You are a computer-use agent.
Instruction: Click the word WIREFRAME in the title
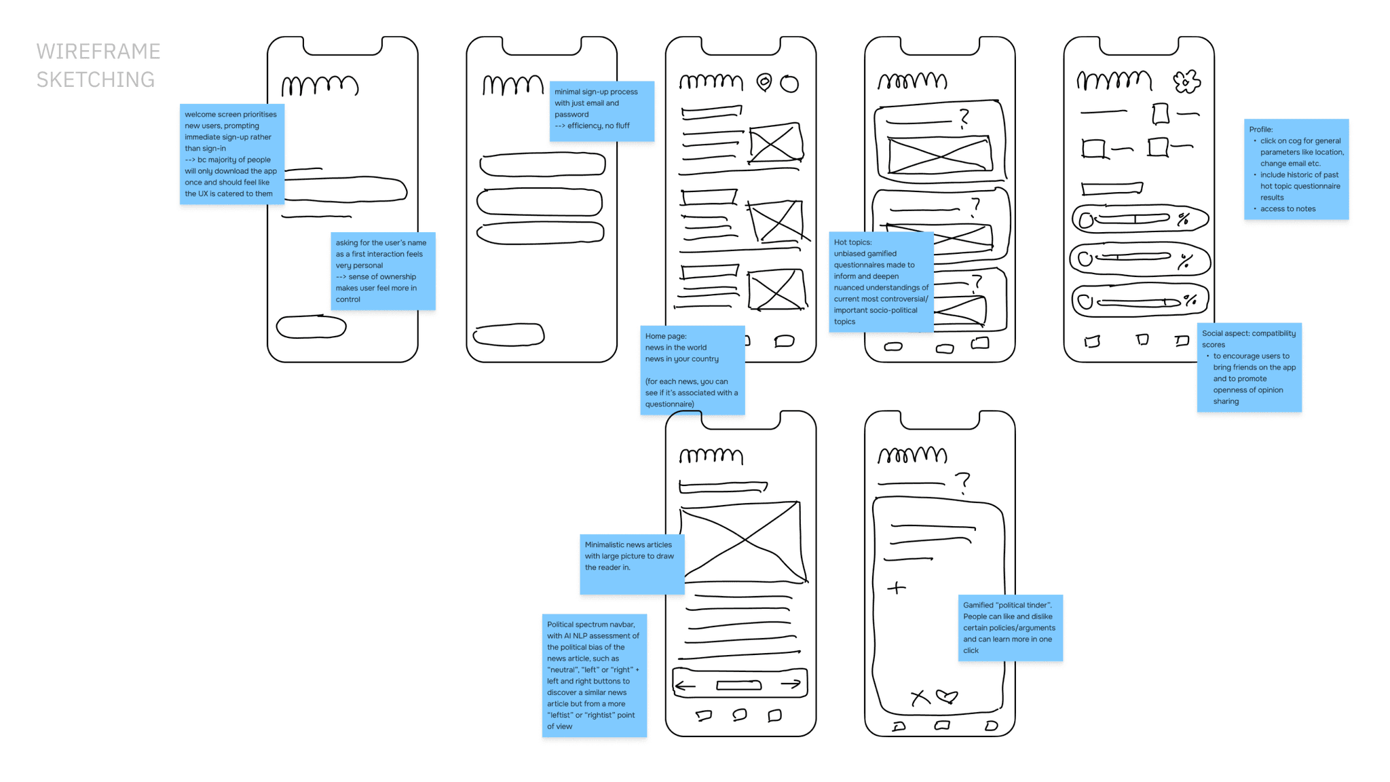coord(98,52)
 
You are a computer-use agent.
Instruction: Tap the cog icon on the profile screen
coord(1186,82)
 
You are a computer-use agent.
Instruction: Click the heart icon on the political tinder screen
coord(947,696)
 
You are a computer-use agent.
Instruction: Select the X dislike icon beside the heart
coord(920,698)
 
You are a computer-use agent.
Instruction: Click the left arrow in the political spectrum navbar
coord(685,686)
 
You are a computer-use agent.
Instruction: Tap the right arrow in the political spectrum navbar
coord(791,684)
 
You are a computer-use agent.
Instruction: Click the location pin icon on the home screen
coord(764,82)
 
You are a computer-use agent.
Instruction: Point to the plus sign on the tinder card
coord(897,588)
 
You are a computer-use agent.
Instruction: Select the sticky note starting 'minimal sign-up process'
coord(601,111)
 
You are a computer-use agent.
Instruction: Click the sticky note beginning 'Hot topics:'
coord(881,282)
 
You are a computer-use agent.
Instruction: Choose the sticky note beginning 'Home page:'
coord(692,370)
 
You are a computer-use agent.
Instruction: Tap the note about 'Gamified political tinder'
coord(1010,627)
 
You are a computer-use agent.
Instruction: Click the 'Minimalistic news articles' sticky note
coord(632,564)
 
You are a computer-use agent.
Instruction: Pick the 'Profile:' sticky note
coord(1296,169)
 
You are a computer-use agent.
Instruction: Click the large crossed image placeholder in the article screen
coord(743,541)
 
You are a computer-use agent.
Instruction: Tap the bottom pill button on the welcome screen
coord(312,327)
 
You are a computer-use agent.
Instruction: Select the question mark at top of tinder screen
coord(963,483)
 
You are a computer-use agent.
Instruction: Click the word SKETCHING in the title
coord(96,80)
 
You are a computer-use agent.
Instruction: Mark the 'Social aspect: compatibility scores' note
coord(1249,367)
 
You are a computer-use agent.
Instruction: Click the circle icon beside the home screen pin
coord(789,83)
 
